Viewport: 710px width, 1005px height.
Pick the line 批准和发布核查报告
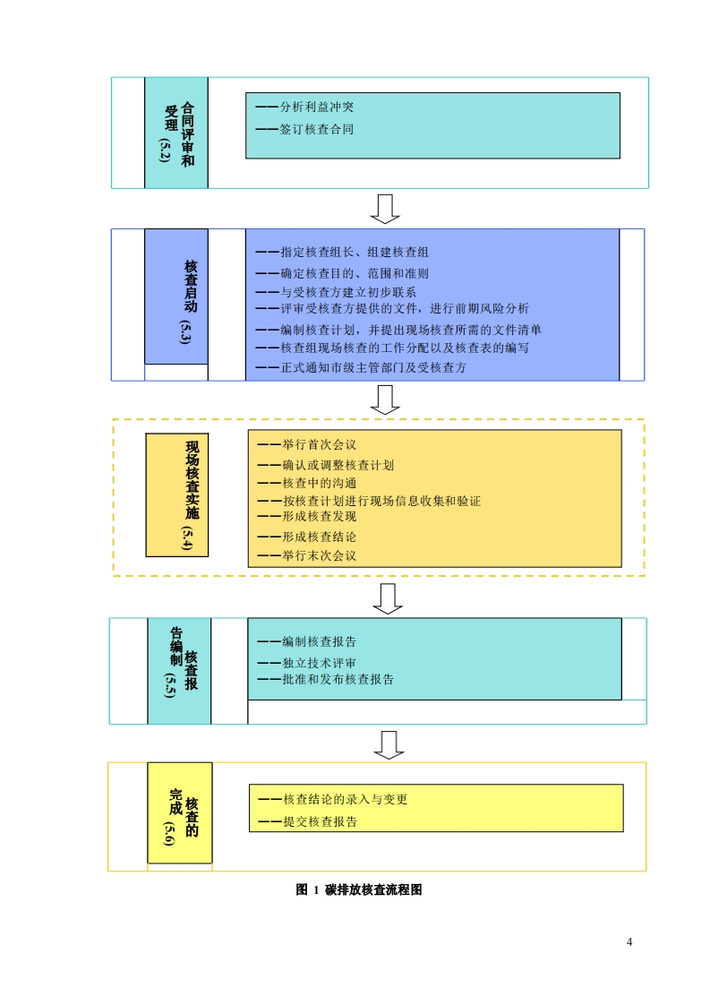(x=326, y=679)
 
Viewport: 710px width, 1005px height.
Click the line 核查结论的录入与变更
(x=332, y=799)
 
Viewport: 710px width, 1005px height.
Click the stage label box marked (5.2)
(x=176, y=133)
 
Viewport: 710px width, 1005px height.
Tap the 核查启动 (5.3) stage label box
(x=176, y=296)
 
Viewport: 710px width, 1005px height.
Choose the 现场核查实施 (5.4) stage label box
(x=177, y=493)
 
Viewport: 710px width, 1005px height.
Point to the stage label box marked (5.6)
(x=180, y=812)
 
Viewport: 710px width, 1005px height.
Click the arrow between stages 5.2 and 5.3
(x=385, y=208)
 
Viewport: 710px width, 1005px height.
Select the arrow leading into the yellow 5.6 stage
(x=388, y=743)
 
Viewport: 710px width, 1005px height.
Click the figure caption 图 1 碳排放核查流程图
(x=358, y=890)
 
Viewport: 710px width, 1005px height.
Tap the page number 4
(x=629, y=941)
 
